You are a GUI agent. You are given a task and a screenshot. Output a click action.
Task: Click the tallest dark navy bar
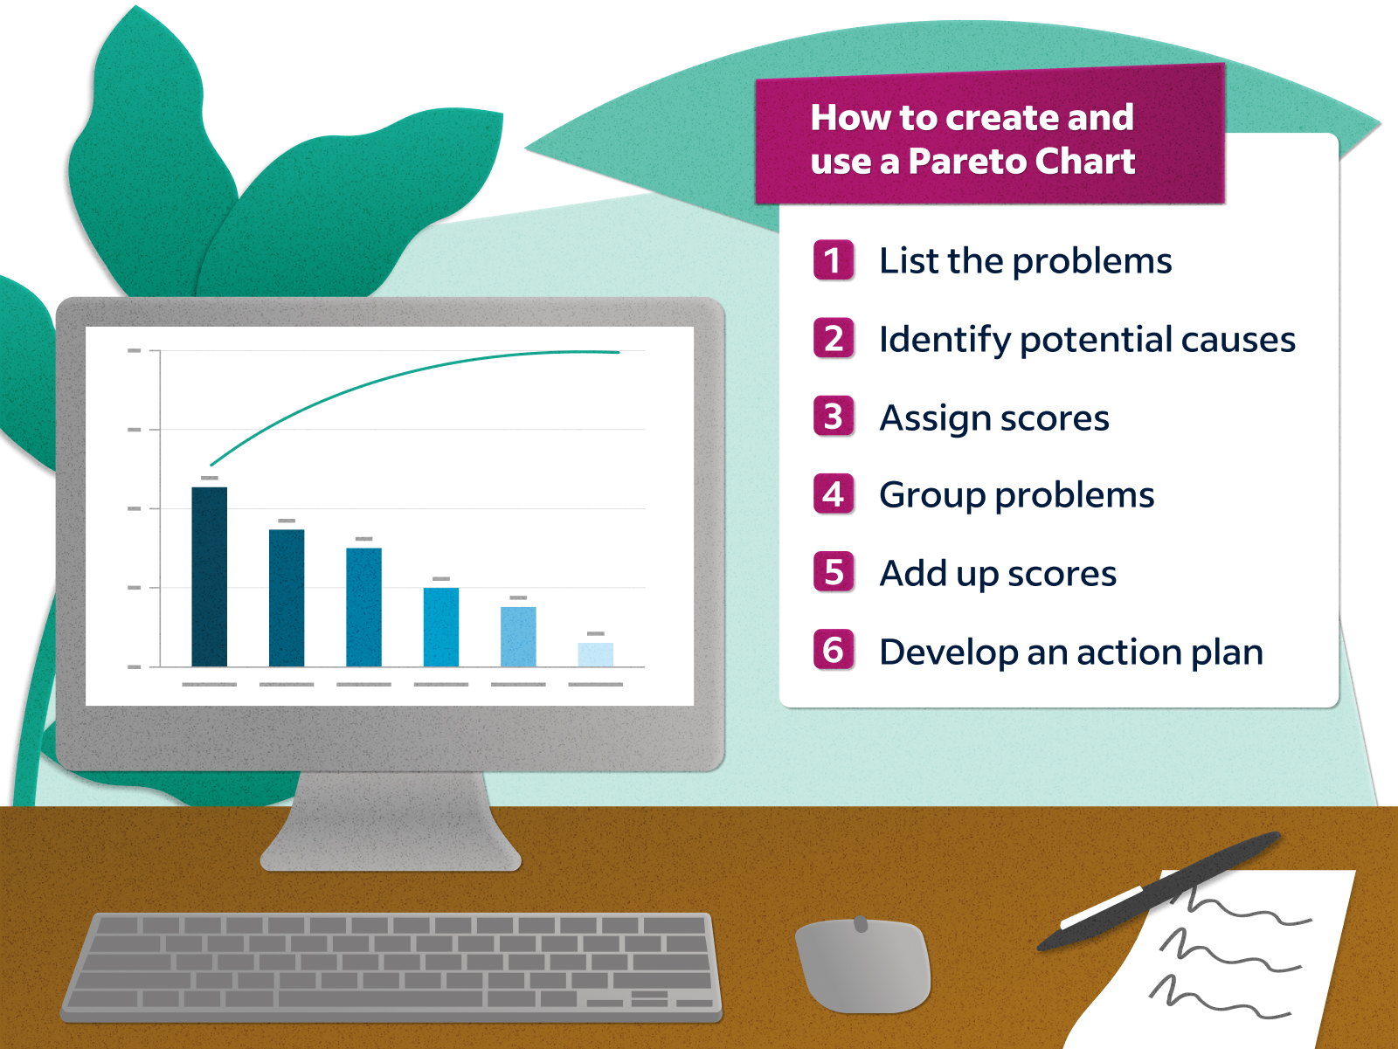click(209, 576)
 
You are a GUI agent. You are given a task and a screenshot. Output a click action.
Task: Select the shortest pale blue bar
click(596, 655)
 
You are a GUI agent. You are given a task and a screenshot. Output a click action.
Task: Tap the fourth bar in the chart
click(440, 627)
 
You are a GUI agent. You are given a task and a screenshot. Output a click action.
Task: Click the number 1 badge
click(834, 259)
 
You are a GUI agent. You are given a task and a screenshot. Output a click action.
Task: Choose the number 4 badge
click(834, 494)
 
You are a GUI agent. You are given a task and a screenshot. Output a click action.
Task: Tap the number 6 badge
click(834, 650)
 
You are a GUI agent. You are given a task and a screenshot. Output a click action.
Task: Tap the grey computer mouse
click(863, 965)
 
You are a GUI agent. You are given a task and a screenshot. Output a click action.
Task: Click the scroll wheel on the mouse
click(861, 923)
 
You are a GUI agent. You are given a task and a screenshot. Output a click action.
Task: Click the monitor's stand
click(391, 821)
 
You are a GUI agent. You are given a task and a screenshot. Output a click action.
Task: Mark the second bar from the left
click(287, 597)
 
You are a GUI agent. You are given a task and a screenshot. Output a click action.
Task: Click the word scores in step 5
click(1062, 574)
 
